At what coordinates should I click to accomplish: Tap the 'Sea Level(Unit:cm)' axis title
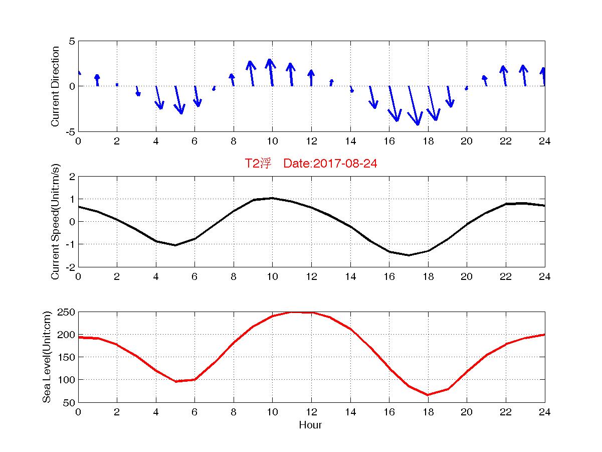pyautogui.click(x=47, y=357)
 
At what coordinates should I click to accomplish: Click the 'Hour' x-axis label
pyautogui.click(x=310, y=425)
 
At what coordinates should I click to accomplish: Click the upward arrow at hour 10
pyautogui.click(x=271, y=73)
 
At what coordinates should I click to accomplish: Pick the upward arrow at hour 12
pyautogui.click(x=311, y=78)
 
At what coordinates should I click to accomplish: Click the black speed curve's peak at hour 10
pyautogui.click(x=272, y=198)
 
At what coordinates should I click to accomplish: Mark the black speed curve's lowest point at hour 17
pyautogui.click(x=409, y=255)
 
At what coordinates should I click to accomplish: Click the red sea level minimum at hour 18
pyautogui.click(x=428, y=395)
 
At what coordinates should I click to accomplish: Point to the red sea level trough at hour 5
pyautogui.click(x=175, y=381)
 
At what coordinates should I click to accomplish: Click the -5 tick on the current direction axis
pyautogui.click(x=70, y=131)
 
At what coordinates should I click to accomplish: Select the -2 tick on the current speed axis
pyautogui.click(x=70, y=267)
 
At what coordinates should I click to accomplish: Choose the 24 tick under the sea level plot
pyautogui.click(x=545, y=412)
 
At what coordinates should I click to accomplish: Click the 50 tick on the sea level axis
pyautogui.click(x=69, y=402)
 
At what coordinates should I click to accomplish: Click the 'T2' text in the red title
pyautogui.click(x=251, y=164)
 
